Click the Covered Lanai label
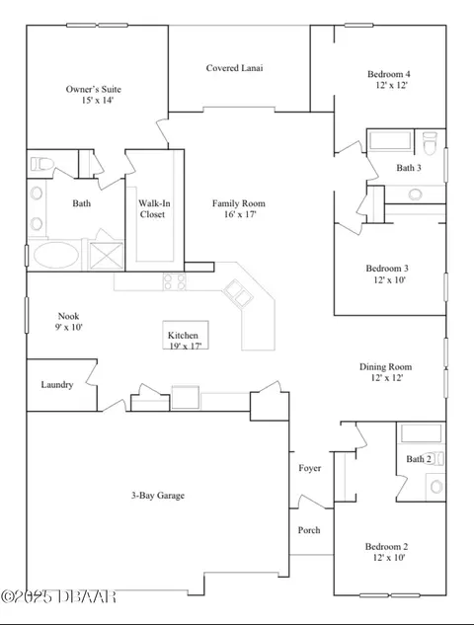[x=234, y=68]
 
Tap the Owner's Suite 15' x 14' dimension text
[x=98, y=100]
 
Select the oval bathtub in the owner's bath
[x=56, y=255]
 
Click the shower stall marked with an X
[x=106, y=256]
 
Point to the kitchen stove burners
[x=174, y=281]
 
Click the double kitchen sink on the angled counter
[x=238, y=293]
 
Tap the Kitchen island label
[x=183, y=336]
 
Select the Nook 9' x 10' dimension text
[x=68, y=327]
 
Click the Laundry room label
[x=57, y=385]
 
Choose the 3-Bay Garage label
[x=158, y=496]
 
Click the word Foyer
[x=310, y=468]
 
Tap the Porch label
[x=309, y=530]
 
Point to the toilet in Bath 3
[x=430, y=143]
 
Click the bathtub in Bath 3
[x=390, y=141]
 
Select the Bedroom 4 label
[x=389, y=74]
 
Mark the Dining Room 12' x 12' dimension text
[x=387, y=377]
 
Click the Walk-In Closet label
[x=154, y=209]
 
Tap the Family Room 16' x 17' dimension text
[x=240, y=214]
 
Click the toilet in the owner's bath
[x=41, y=164]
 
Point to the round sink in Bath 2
[x=436, y=487]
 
